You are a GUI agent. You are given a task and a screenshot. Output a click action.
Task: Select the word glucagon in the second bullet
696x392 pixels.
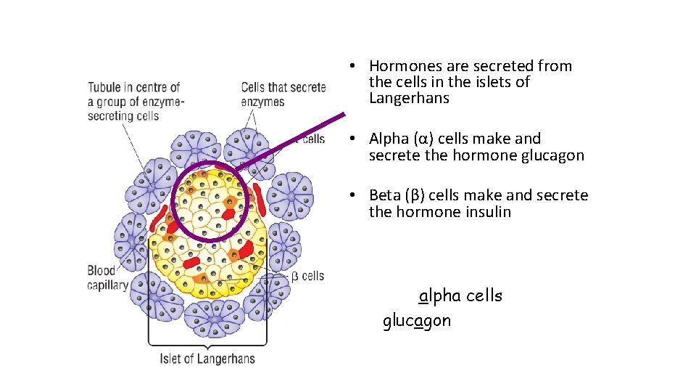552,155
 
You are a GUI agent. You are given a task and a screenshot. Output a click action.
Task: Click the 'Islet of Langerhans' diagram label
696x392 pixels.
207,359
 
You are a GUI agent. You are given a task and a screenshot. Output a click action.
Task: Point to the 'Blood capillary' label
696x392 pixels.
107,278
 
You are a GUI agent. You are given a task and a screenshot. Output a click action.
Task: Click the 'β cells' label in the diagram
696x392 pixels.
307,276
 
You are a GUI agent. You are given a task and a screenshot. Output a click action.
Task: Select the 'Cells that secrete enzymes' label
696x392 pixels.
283,94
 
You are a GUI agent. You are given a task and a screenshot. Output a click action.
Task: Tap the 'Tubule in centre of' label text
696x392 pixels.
134,88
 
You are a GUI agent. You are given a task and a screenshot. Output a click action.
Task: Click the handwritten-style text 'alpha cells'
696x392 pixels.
460,296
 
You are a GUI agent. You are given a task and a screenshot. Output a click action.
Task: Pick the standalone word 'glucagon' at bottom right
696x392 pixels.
417,321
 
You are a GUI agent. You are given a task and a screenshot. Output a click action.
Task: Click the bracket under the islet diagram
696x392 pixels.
207,343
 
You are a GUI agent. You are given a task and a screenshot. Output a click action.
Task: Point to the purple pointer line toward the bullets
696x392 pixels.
290,141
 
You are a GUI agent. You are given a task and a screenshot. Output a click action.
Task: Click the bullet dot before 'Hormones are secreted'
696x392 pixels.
350,66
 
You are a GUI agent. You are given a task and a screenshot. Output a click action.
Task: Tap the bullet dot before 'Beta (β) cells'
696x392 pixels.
350,195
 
